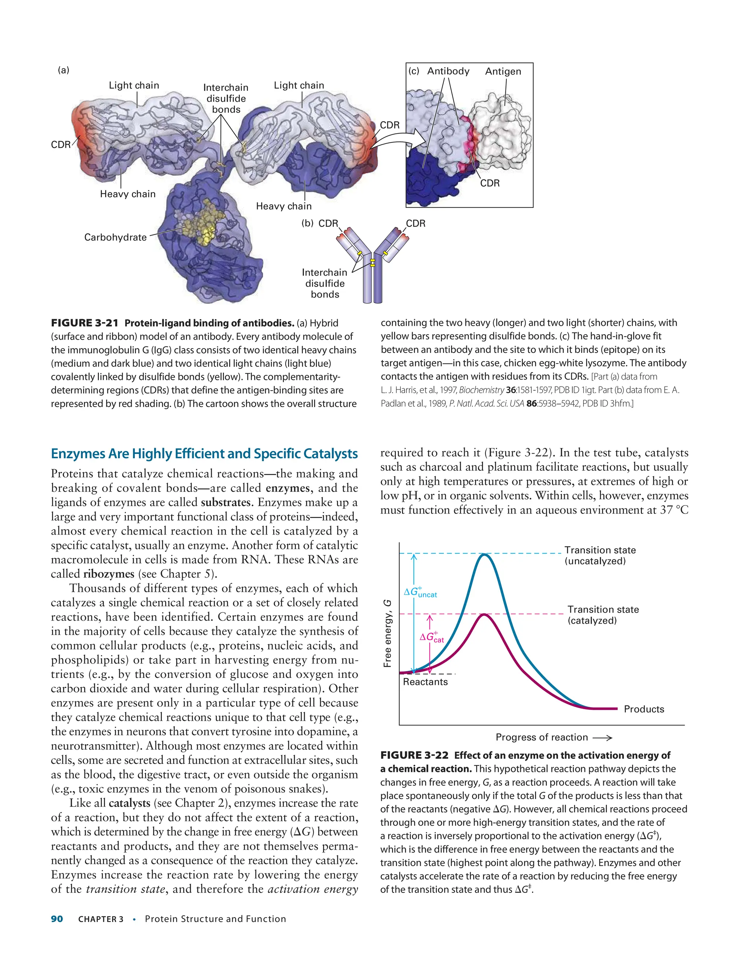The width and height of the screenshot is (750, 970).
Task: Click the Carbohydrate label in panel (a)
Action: (115, 237)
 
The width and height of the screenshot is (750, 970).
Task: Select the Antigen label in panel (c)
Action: (503, 71)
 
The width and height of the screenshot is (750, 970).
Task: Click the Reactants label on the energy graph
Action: (425, 682)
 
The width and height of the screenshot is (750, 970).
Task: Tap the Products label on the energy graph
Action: (644, 709)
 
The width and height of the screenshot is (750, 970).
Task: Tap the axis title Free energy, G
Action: (387, 633)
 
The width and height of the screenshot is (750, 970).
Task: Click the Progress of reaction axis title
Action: (542, 737)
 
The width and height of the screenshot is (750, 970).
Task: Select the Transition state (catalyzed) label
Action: (603, 615)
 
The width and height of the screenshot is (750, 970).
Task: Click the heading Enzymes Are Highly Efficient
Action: (204, 454)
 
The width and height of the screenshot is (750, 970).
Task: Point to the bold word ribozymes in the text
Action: (108, 574)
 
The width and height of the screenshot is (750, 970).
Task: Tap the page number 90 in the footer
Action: (57, 919)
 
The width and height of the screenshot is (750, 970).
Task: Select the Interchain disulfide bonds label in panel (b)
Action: (325, 283)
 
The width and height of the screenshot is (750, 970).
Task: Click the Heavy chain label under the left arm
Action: (127, 194)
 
